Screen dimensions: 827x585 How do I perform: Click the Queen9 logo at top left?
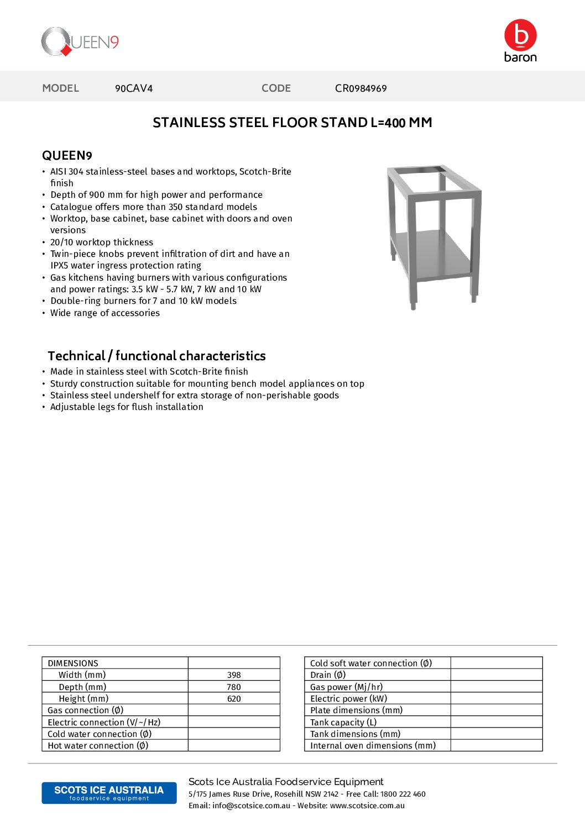pyautogui.click(x=80, y=41)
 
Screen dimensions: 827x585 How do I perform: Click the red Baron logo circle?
pyautogui.click(x=520, y=35)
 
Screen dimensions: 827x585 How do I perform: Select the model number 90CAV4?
pyautogui.click(x=134, y=88)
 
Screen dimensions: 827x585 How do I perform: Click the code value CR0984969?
pyautogui.click(x=361, y=88)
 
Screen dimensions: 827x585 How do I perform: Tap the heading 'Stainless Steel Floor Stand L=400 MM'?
pyautogui.click(x=292, y=123)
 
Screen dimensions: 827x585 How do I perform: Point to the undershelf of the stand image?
pyautogui.click(x=431, y=254)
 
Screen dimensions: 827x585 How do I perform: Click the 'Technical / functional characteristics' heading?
pyautogui.click(x=156, y=356)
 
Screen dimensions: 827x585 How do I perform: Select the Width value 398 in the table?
pyautogui.click(x=234, y=675)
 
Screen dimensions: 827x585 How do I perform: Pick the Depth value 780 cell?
pyautogui.click(x=234, y=687)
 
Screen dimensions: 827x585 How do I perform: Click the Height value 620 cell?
pyautogui.click(x=234, y=699)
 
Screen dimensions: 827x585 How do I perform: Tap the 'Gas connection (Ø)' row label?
pyautogui.click(x=86, y=710)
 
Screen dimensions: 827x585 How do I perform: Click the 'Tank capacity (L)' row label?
pyautogui.click(x=343, y=722)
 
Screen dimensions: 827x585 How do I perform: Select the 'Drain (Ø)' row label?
pyautogui.click(x=328, y=675)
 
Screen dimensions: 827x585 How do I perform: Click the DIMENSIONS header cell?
pyautogui.click(x=73, y=663)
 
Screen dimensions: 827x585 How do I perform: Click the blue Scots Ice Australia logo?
pyautogui.click(x=109, y=793)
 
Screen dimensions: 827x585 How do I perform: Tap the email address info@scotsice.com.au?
pyautogui.click(x=251, y=805)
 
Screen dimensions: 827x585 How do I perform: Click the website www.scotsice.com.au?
pyautogui.click(x=367, y=805)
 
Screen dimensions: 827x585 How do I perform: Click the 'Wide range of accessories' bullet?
pyautogui.click(x=105, y=313)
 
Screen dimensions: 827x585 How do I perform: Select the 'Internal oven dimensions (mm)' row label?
pyautogui.click(x=373, y=746)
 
